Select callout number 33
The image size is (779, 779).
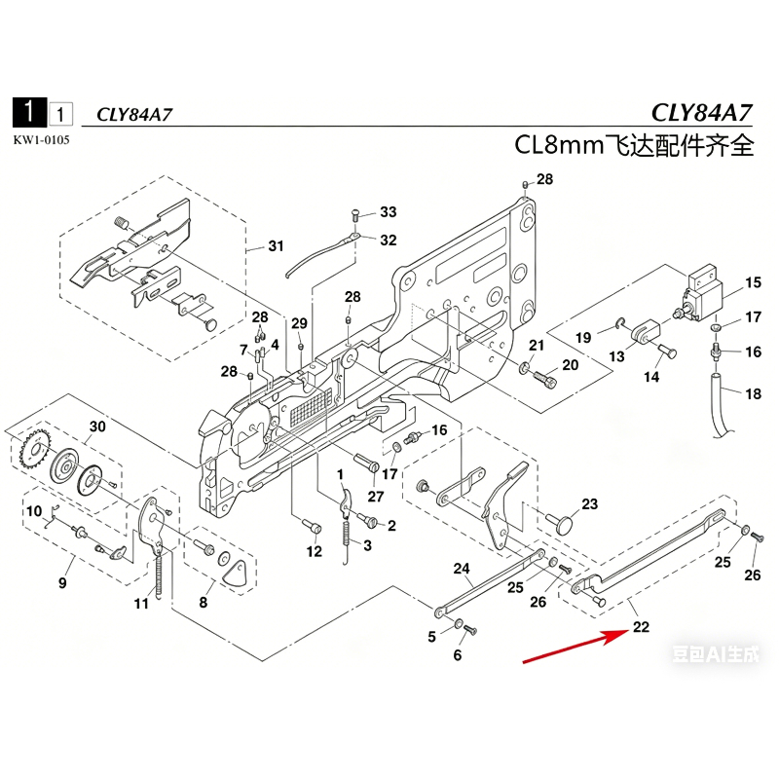coord(389,212)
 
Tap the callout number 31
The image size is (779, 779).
coord(277,245)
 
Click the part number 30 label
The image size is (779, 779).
coord(96,427)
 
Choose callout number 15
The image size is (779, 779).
coord(753,283)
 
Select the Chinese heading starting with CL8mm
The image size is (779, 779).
coord(635,146)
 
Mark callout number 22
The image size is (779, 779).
coord(641,627)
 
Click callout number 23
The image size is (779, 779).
coord(589,503)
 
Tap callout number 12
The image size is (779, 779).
coord(314,552)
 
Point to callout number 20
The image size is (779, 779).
coord(571,364)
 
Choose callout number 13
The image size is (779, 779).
coord(617,357)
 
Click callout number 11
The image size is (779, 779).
coord(142,604)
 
